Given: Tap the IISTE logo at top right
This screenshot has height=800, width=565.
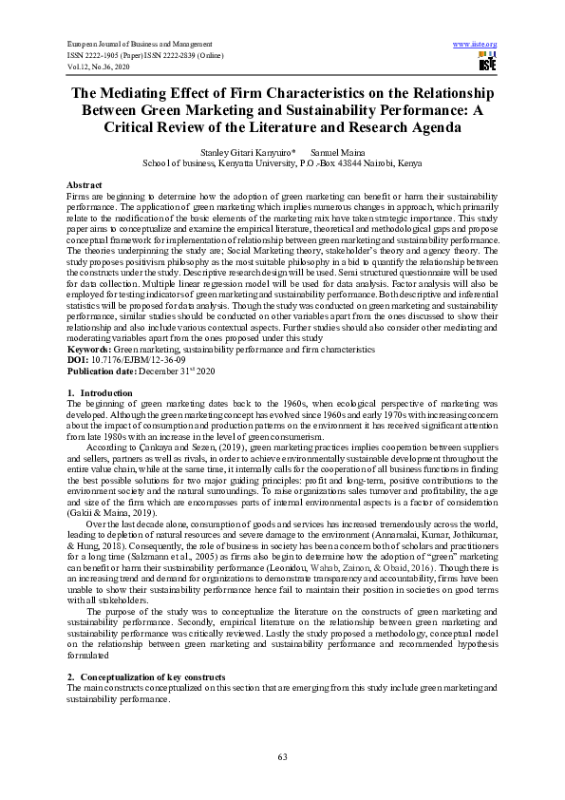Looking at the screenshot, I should [487, 63].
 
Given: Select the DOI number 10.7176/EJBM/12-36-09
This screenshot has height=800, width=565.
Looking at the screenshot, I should [135, 360].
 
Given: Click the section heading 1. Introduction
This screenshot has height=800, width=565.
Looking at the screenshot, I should [100, 391].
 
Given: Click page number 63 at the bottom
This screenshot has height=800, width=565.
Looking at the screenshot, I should [282, 755].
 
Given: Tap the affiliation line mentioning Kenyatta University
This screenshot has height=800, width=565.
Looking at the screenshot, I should [282, 162].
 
